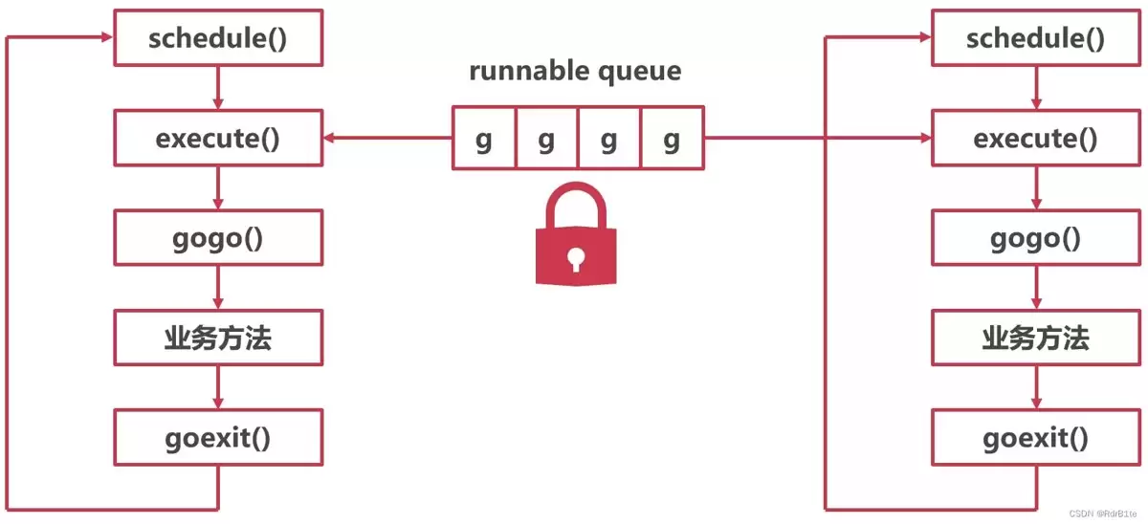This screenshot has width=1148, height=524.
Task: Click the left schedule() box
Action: click(x=218, y=38)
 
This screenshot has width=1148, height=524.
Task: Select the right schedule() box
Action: click(x=1036, y=38)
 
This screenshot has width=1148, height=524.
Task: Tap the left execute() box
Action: click(x=218, y=138)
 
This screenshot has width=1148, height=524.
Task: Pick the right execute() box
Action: click(x=1036, y=138)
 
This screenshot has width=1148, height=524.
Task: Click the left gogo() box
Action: click(x=218, y=238)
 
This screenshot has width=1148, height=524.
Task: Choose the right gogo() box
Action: click(x=1036, y=238)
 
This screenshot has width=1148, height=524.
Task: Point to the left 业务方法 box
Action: click(x=218, y=338)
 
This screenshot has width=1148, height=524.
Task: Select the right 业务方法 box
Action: click(x=1036, y=338)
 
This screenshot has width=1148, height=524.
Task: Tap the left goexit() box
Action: click(x=218, y=437)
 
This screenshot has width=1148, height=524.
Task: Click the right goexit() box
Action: click(x=1036, y=437)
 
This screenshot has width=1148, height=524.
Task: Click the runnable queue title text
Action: click(x=575, y=71)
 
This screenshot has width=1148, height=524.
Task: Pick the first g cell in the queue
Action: click(x=484, y=138)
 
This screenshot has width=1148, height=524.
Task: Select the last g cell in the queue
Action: click(x=673, y=138)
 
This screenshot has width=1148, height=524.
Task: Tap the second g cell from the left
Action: click(x=547, y=138)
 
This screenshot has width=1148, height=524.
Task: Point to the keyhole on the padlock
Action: click(x=576, y=259)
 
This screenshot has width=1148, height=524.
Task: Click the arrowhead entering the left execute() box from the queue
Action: click(x=329, y=138)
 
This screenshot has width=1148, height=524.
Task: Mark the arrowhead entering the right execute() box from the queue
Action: click(x=926, y=138)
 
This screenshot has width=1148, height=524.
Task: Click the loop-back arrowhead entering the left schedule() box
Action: click(x=106, y=37)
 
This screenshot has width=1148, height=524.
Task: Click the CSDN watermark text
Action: click(x=1102, y=513)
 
